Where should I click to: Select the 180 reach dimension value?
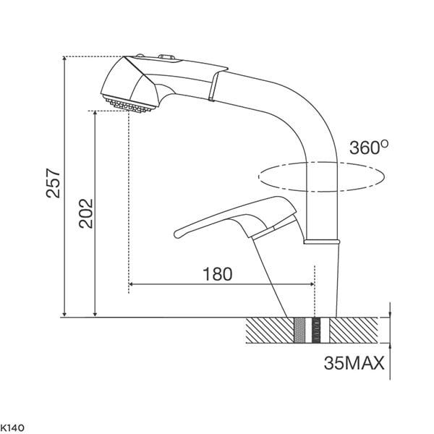tap(217, 274)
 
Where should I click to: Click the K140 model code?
tap(14, 428)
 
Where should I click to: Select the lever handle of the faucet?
tap(239, 217)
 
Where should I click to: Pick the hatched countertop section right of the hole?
tap(357, 331)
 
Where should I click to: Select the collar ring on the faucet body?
tap(321, 240)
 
